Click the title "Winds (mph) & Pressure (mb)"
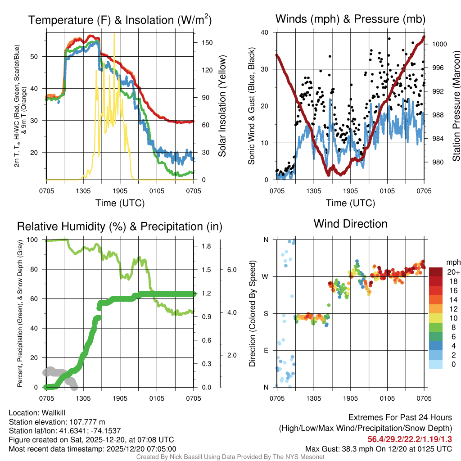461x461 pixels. pos(350,19)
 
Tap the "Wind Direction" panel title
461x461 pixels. pos(350,224)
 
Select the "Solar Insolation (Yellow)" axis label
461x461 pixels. pos(222,106)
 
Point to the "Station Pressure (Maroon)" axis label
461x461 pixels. pos(456,106)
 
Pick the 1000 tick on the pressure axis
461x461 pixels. pos(439,44)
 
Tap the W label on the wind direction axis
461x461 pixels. pos(266,276)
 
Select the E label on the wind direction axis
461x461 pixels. pos(266,350)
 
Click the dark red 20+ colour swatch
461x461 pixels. pos(436,272)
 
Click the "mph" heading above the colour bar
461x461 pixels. pos(452,262)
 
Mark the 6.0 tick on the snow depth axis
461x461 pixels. pos(231,270)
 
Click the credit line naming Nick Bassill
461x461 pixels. pos(230,457)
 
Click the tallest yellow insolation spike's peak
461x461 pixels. pos(114,33)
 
